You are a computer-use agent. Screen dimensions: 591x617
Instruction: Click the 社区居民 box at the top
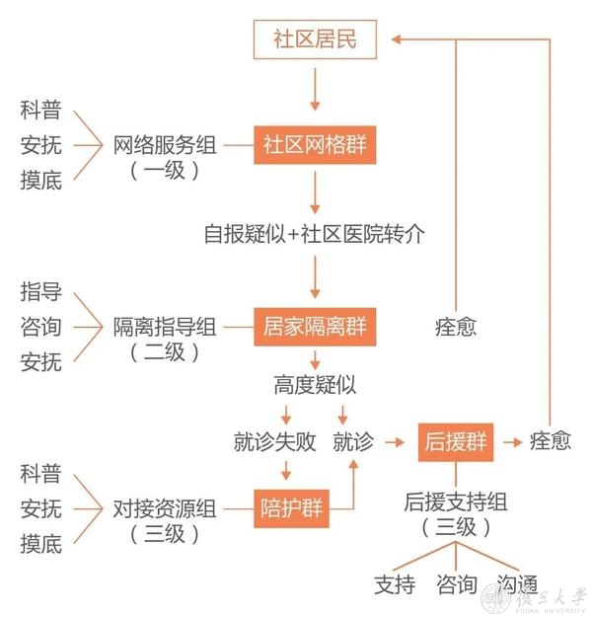pyautogui.click(x=315, y=39)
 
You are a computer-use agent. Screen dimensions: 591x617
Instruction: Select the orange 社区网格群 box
pyautogui.click(x=315, y=145)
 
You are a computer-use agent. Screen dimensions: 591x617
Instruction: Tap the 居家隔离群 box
pyautogui.click(x=315, y=327)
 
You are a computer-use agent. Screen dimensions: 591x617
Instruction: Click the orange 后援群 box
pyautogui.click(x=456, y=442)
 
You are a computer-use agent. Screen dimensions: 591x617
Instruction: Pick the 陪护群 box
pyautogui.click(x=291, y=508)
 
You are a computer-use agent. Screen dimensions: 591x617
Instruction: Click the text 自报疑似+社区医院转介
pyautogui.click(x=315, y=234)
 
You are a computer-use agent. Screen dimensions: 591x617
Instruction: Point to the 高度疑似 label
pyautogui.click(x=315, y=385)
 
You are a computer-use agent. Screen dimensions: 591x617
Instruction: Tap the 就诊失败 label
pyautogui.click(x=275, y=442)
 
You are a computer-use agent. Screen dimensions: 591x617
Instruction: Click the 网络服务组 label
pyautogui.click(x=165, y=145)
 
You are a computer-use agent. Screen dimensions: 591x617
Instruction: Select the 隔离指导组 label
pyautogui.click(x=165, y=327)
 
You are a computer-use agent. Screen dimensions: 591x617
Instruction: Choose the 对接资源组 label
pyautogui.click(x=165, y=508)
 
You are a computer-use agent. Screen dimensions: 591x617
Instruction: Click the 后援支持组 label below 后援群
pyautogui.click(x=456, y=502)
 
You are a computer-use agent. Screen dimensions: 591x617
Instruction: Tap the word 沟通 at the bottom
pyautogui.click(x=517, y=584)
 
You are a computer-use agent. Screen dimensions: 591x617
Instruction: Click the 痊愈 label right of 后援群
pyautogui.click(x=551, y=440)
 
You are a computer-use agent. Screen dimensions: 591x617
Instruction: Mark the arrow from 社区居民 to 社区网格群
pyautogui.click(x=315, y=89)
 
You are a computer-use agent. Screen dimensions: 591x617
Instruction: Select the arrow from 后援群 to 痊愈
pyautogui.click(x=512, y=442)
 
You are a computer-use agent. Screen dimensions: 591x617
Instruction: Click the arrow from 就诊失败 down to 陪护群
pyautogui.click(x=286, y=470)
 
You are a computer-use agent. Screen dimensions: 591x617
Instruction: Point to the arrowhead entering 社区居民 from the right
pyautogui.click(x=397, y=39)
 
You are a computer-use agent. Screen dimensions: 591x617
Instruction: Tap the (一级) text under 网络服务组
pyautogui.click(x=165, y=171)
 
